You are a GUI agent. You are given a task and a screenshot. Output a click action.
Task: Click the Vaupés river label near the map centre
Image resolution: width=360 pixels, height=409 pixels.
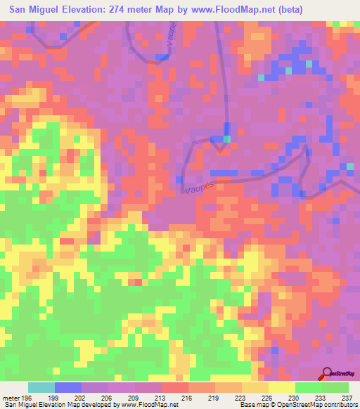(x=200, y=187)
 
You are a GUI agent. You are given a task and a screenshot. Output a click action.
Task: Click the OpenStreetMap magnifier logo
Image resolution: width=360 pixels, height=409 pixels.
(x=327, y=373)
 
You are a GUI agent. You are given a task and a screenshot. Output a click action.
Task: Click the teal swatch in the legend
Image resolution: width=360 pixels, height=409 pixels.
(x=41, y=387)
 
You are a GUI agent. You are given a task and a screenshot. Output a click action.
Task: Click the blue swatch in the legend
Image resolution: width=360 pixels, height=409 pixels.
(x=68, y=387)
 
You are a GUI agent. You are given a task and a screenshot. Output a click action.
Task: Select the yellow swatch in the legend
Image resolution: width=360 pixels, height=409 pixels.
(x=282, y=387)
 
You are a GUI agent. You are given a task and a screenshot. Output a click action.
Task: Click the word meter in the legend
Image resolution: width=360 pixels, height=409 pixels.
(x=11, y=398)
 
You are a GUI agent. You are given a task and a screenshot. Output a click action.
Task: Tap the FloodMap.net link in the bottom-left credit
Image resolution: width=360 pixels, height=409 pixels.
(x=156, y=405)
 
